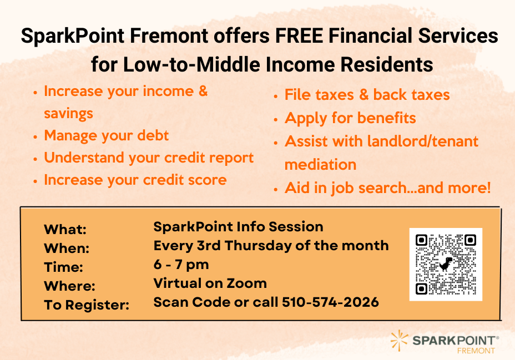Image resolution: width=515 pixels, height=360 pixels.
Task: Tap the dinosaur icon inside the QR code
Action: click(x=446, y=264)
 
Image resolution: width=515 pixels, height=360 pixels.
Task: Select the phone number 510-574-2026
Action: click(x=330, y=302)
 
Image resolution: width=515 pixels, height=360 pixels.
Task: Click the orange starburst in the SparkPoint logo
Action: click(x=399, y=341)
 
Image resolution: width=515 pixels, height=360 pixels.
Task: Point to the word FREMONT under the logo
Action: click(x=476, y=351)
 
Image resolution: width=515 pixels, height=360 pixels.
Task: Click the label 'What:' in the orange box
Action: click(x=65, y=230)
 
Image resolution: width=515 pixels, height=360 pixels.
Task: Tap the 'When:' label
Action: click(x=67, y=249)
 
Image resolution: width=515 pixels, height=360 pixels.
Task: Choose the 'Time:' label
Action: click(x=63, y=267)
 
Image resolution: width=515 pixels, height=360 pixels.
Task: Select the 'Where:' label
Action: click(x=69, y=286)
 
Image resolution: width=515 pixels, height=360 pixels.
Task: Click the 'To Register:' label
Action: click(x=87, y=305)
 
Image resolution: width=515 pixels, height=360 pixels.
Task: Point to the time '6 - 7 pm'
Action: click(x=181, y=264)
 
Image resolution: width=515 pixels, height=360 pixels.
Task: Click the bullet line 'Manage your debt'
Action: click(x=107, y=135)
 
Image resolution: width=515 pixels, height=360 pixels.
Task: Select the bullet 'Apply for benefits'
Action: click(x=350, y=118)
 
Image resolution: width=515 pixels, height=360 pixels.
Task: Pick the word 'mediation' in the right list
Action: click(x=320, y=164)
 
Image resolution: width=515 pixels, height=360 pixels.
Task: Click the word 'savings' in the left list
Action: click(x=68, y=114)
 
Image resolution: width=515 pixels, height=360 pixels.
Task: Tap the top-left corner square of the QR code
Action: click(x=421, y=240)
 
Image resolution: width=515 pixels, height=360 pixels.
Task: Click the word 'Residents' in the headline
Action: click(x=387, y=64)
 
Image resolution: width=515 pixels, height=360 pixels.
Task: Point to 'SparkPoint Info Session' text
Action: click(x=238, y=226)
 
